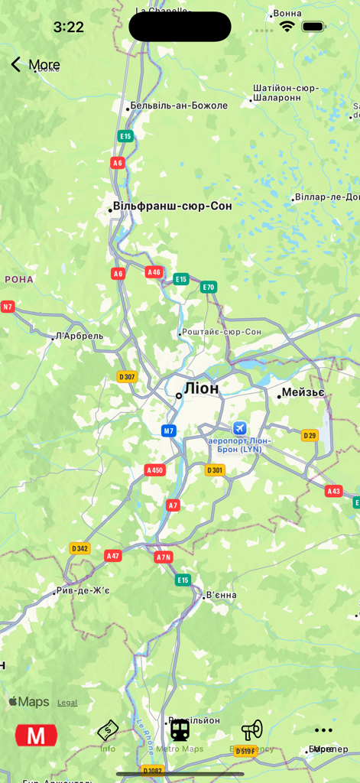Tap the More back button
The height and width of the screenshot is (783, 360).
(x=34, y=65)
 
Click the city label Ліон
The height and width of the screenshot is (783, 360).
(x=201, y=388)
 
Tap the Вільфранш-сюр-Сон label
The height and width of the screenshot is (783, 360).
(x=172, y=206)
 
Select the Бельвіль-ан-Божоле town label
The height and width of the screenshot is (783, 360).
(x=179, y=106)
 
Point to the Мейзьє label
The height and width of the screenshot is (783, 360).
(x=303, y=393)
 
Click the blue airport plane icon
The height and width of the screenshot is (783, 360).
(x=240, y=428)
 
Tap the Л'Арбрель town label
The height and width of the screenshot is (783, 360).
(x=79, y=336)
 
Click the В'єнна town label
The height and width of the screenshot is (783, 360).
(x=221, y=595)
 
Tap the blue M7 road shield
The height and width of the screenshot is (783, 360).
(x=169, y=430)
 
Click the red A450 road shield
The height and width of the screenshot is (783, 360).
(x=155, y=470)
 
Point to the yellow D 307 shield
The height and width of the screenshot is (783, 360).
(x=127, y=376)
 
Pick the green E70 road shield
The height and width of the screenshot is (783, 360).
(x=209, y=288)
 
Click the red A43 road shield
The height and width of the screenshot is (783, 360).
(x=333, y=491)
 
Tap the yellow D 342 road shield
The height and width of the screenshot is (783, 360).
(x=79, y=548)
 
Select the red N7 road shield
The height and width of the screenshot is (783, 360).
(x=8, y=307)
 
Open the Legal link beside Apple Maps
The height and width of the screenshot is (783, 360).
(x=67, y=703)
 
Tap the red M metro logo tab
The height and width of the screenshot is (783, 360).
(x=36, y=736)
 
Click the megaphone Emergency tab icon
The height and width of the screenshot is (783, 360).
(x=251, y=731)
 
